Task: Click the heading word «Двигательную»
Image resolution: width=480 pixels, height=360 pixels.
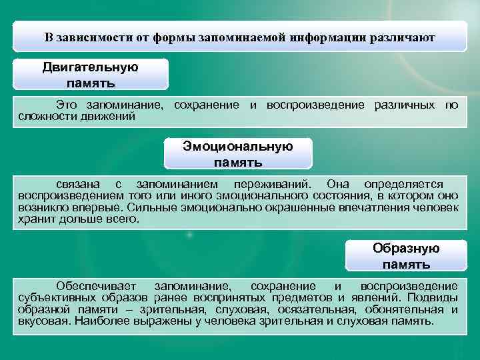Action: [91, 67]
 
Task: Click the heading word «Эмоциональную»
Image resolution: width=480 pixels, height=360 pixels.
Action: [238, 147]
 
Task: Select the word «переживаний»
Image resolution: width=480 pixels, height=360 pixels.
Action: [267, 184]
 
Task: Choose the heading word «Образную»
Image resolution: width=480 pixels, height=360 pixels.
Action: [406, 249]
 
